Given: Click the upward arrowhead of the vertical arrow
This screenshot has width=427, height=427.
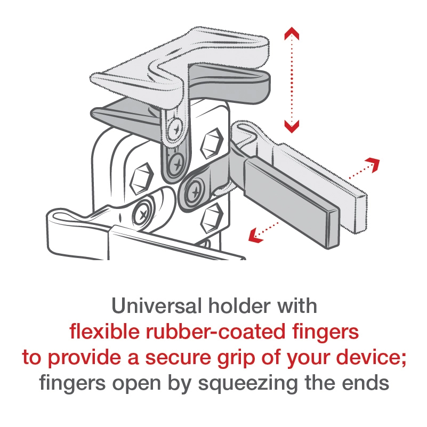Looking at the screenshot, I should (x=291, y=34).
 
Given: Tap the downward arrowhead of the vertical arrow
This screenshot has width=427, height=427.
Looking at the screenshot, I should (x=291, y=126).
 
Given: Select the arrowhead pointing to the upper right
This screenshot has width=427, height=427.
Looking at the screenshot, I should (x=374, y=163).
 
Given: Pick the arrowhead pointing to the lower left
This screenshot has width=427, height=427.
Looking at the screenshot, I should (x=256, y=235).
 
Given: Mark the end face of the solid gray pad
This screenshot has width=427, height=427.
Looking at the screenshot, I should (x=333, y=229).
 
